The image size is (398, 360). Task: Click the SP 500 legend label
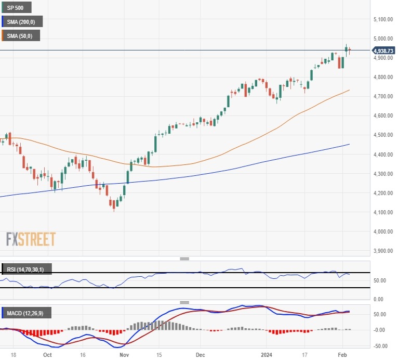[x=17, y=8]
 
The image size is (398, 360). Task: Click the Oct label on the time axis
[x=48, y=355]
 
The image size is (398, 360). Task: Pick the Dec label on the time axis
[x=201, y=355]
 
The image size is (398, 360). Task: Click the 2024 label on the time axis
[x=267, y=355]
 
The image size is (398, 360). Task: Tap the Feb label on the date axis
[x=343, y=355]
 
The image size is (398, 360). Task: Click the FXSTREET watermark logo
[x=31, y=239]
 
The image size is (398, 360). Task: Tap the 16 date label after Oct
[x=83, y=355]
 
